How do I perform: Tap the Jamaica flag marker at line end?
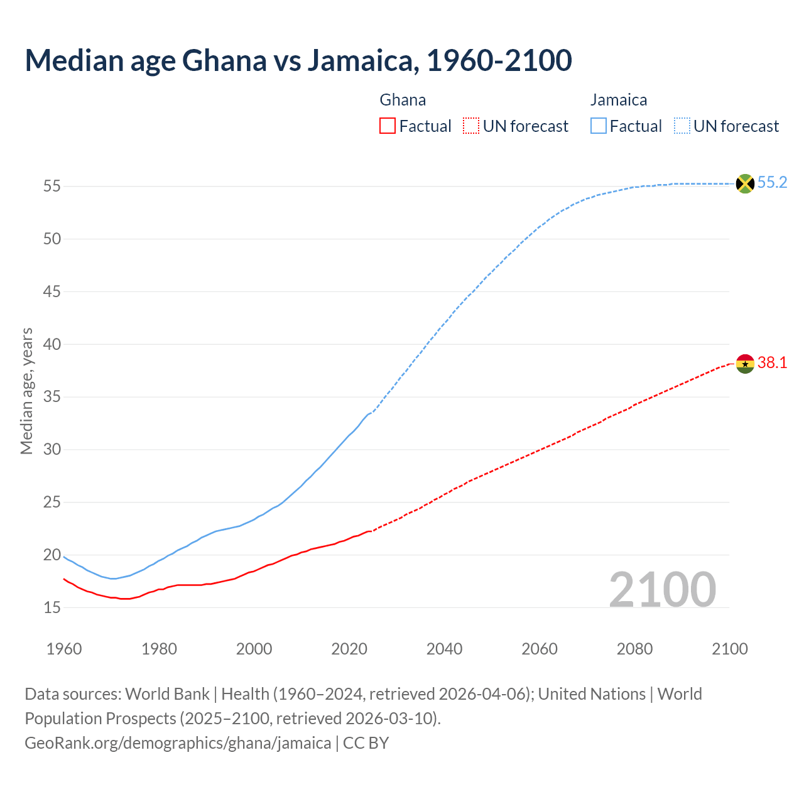[744, 183]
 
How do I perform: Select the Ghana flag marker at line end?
[744, 364]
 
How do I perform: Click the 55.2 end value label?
[772, 183]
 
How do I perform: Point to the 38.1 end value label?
[772, 363]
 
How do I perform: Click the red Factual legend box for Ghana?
[388, 126]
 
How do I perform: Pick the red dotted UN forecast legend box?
[471, 126]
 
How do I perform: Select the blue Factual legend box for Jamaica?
[599, 126]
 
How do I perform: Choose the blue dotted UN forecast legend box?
[682, 126]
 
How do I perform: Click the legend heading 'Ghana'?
[403, 100]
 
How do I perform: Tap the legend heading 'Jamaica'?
[619, 100]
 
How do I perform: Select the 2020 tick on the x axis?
[349, 649]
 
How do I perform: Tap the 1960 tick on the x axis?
[64, 649]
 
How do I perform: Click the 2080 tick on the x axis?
[634, 649]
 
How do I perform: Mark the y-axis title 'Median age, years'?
[26, 391]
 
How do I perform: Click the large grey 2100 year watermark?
[662, 590]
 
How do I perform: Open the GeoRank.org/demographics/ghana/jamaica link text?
[178, 743]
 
